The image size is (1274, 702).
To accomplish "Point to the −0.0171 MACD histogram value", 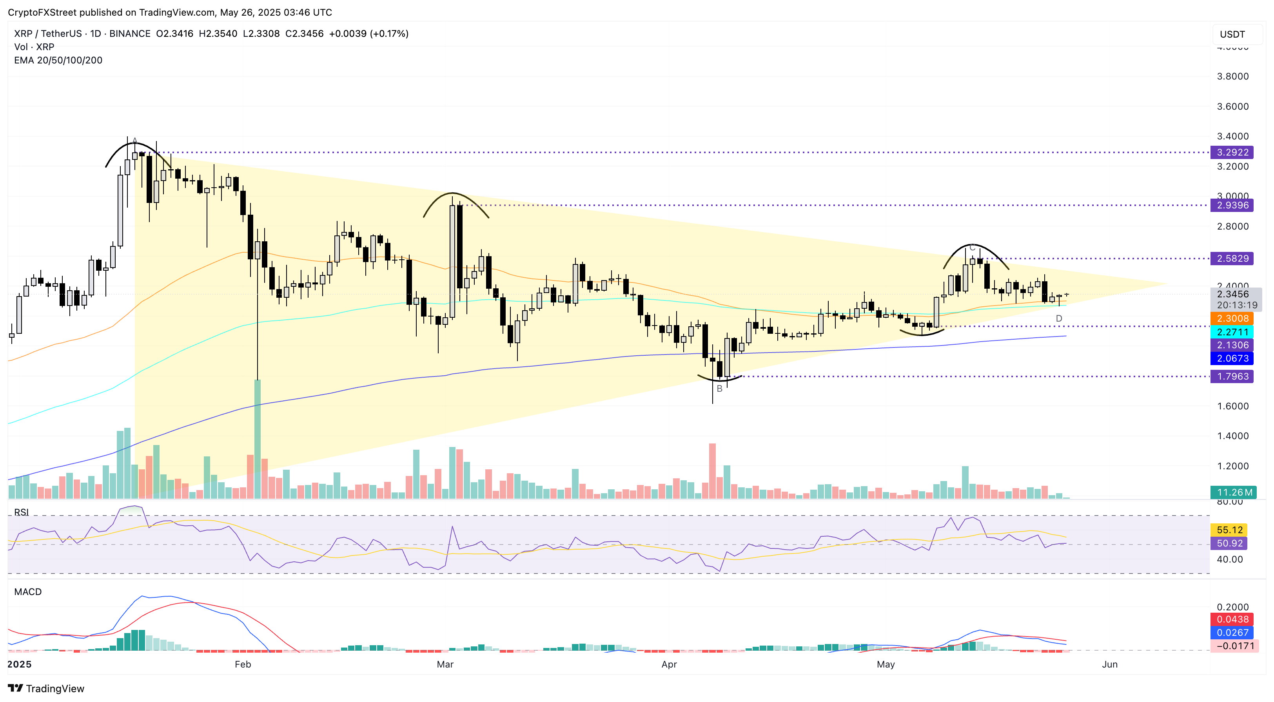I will [x=1234, y=646].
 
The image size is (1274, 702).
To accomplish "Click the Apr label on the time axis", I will [x=669, y=664].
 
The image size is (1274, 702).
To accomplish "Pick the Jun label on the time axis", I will [x=1109, y=664].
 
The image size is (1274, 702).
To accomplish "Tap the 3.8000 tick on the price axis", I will [x=1232, y=76].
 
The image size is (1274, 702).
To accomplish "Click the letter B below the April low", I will [x=720, y=389].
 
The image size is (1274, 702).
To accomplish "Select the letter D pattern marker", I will [x=1059, y=318].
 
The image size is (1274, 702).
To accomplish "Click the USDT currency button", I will [x=1232, y=34].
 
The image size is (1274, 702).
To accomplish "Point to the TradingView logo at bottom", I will [x=47, y=688].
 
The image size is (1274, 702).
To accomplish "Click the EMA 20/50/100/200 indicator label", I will [x=58, y=60].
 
